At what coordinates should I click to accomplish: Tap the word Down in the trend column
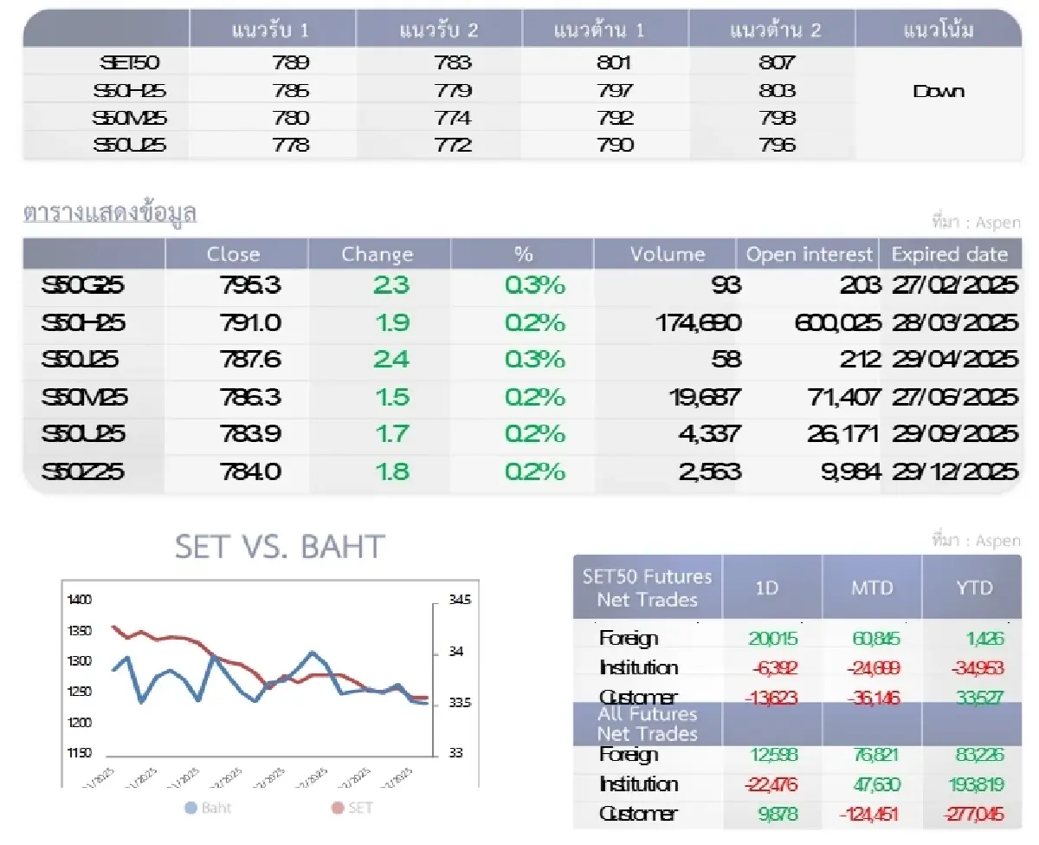click(939, 91)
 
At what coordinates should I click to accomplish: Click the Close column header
click(233, 254)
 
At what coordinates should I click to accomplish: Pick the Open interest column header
click(809, 254)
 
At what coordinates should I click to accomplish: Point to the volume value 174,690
click(698, 323)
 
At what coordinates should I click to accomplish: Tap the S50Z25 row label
click(83, 471)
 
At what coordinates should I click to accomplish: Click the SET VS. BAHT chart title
click(280, 547)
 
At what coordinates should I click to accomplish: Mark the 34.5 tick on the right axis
click(461, 600)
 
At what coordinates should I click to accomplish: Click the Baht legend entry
click(208, 808)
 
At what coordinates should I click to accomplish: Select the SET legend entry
click(352, 808)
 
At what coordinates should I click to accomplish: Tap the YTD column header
click(972, 588)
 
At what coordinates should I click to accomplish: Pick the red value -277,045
click(968, 814)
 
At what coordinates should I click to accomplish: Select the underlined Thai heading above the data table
click(110, 213)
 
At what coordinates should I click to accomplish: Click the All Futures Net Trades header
click(647, 724)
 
